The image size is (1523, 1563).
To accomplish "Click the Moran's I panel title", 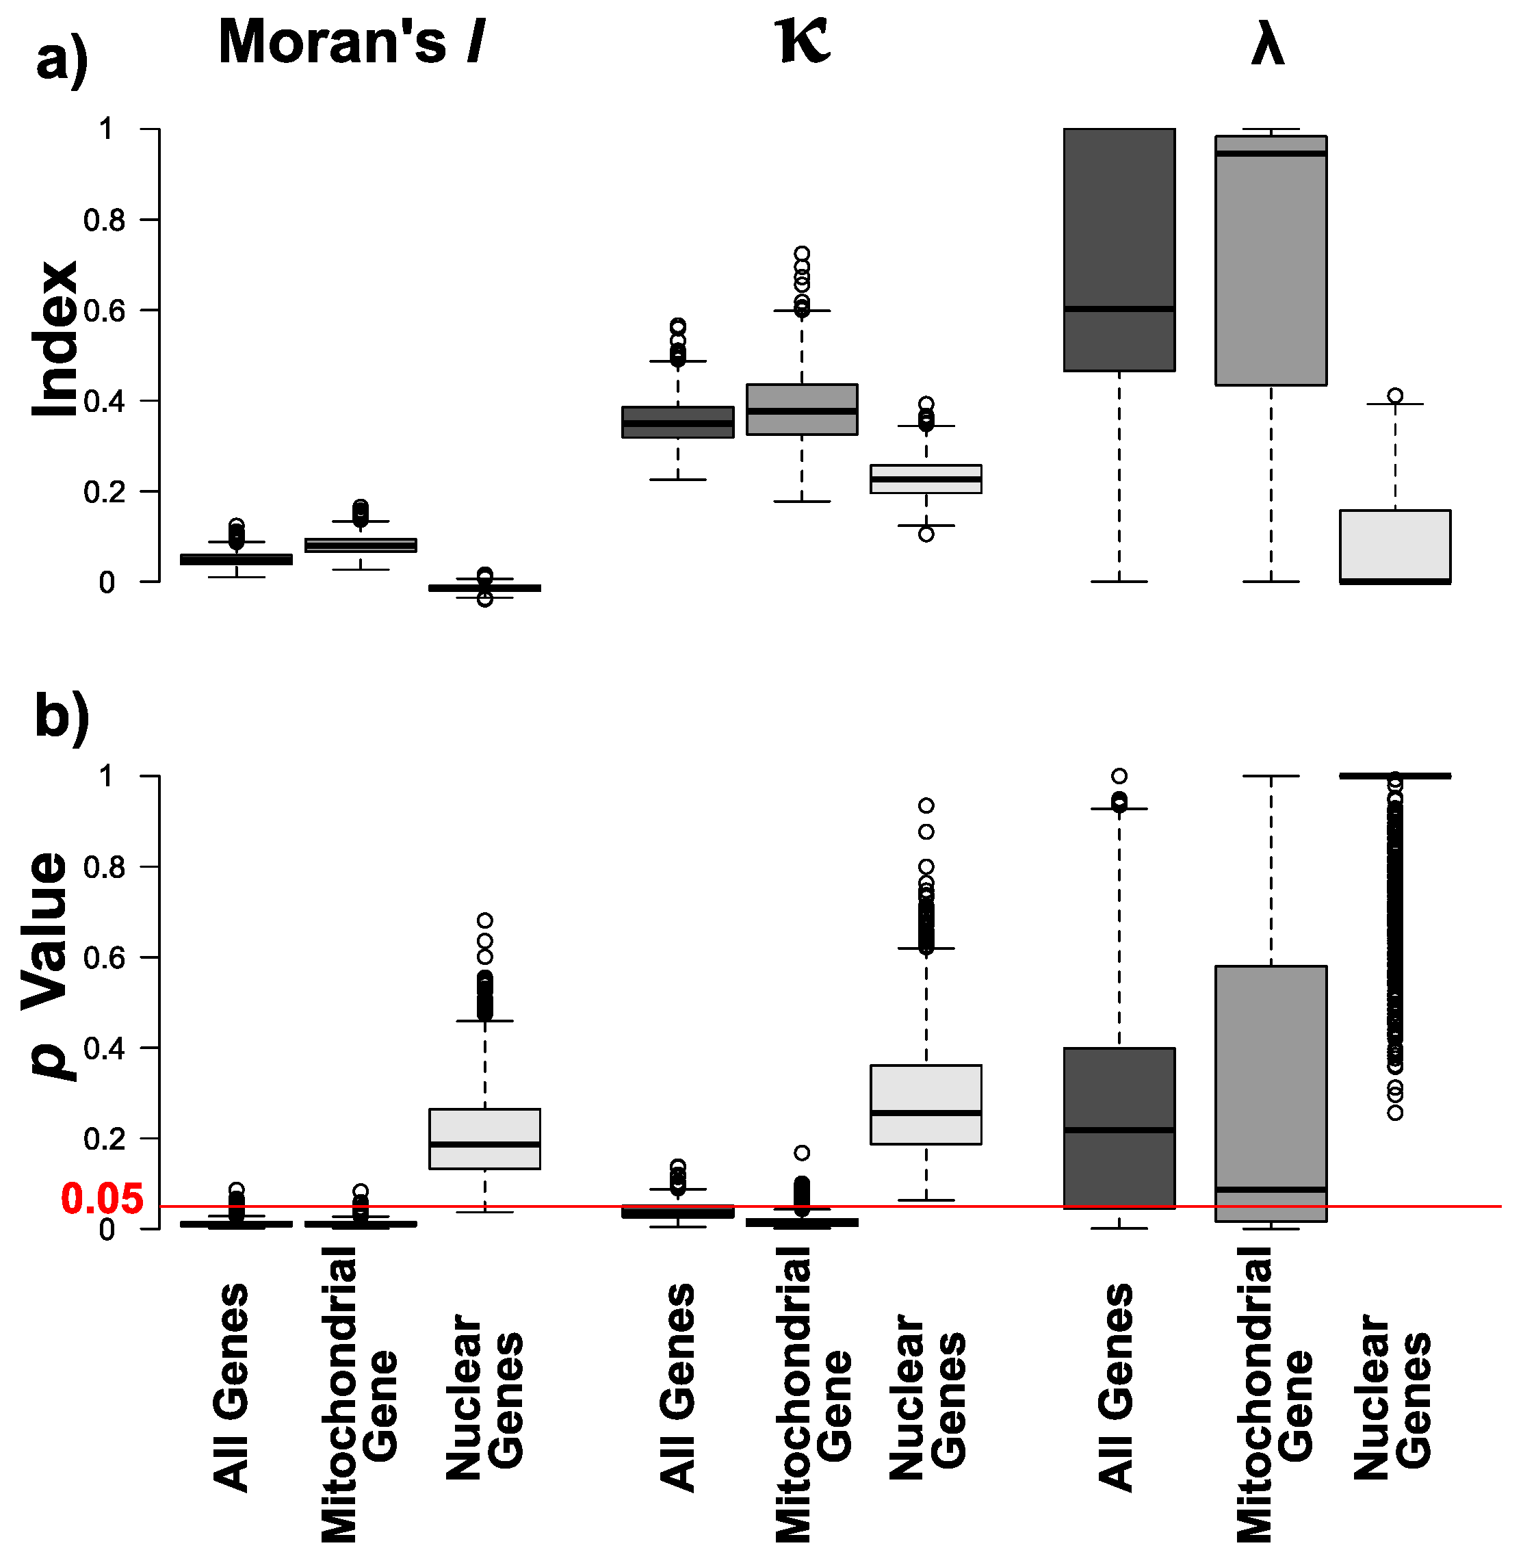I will tap(352, 42).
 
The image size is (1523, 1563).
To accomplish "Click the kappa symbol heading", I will tap(803, 42).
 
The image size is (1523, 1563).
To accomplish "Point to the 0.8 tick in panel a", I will tap(104, 220).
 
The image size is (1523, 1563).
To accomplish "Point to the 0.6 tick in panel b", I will tap(104, 958).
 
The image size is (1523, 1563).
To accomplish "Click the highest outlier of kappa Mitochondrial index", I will tap(801, 254).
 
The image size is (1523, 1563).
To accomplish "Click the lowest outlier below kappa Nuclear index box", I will tap(926, 534).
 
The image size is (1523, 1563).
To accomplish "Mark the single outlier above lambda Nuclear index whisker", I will tap(1395, 395).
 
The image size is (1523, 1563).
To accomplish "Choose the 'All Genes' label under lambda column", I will tap(1117, 1388).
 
